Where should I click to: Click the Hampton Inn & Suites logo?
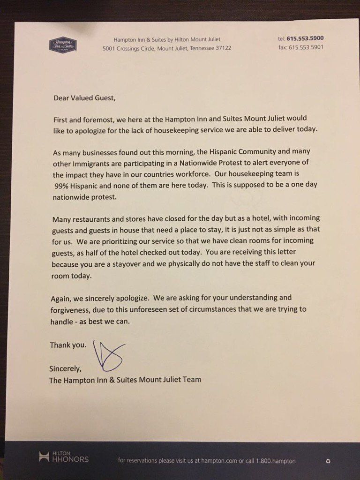click(63, 44)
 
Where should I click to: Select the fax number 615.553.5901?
click(307, 47)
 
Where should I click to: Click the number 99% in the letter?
click(62, 185)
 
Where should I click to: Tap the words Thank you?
click(68, 345)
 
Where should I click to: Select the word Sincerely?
click(66, 368)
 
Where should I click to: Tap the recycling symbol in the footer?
click(328, 461)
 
